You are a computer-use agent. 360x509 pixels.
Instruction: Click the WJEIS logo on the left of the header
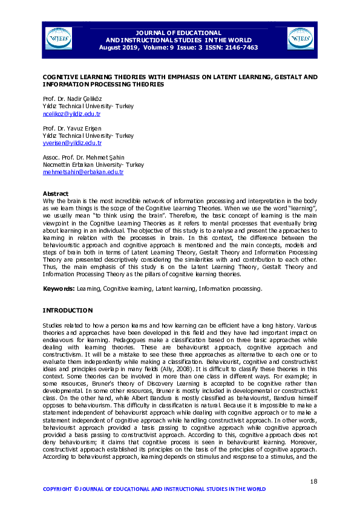point(59,38)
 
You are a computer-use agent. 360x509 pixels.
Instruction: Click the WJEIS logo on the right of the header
point(301,38)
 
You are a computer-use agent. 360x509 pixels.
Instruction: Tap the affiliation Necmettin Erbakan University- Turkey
point(93,165)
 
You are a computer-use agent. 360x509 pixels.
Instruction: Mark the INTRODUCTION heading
point(67,310)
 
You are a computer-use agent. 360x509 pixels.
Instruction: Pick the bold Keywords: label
point(58,289)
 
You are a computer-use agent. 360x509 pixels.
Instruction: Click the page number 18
point(313,481)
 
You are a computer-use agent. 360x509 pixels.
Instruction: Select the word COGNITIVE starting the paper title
point(61,78)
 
